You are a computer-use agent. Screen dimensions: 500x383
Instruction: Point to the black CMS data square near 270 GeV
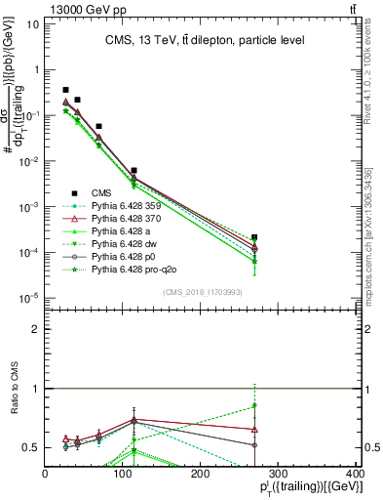(x=254, y=237)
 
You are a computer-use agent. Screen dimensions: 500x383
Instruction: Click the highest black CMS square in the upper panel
(x=65, y=90)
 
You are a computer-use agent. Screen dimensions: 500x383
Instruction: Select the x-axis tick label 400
(x=355, y=474)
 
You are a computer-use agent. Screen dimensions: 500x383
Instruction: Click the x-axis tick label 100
(x=123, y=474)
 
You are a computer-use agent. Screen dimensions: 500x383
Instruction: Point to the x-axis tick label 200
(x=200, y=474)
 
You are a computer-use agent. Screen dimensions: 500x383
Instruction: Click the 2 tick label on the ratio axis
(x=36, y=329)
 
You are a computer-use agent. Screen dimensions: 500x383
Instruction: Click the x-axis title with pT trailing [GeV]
(x=305, y=487)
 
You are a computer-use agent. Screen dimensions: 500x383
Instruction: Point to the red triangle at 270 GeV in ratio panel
(x=254, y=429)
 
